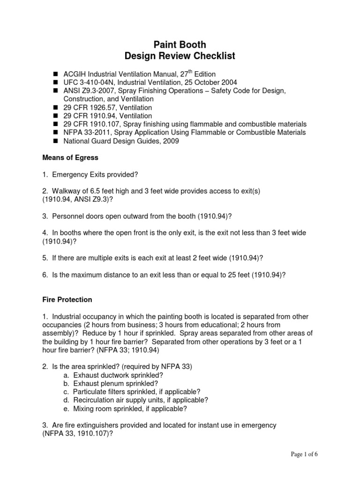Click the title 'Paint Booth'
pos(180,45)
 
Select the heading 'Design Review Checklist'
pos(180,56)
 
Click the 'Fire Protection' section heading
pos(67,299)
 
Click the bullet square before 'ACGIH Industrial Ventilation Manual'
pos(54,74)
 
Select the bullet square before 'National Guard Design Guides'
pos(54,141)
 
